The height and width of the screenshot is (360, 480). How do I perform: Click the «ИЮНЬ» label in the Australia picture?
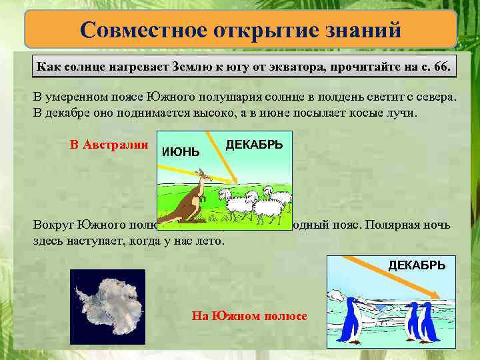181,152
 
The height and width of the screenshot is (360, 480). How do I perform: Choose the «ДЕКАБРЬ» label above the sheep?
254,145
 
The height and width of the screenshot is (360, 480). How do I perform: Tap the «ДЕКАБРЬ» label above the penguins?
417,265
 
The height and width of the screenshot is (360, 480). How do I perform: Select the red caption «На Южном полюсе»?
249,316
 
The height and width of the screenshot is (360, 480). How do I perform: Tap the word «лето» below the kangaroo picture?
209,240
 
